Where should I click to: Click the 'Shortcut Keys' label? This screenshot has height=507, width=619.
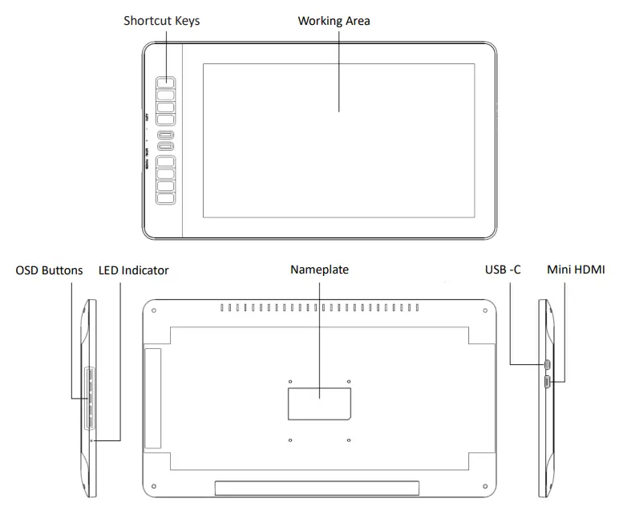click(x=161, y=21)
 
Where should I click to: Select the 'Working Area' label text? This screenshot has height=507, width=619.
click(x=334, y=21)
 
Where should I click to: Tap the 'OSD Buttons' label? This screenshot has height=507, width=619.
click(x=49, y=270)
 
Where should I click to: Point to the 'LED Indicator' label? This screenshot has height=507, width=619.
click(x=133, y=270)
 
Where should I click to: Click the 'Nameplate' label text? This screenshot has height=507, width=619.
click(x=319, y=270)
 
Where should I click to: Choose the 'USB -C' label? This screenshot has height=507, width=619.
click(x=503, y=270)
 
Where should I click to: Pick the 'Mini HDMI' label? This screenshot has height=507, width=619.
click(x=576, y=270)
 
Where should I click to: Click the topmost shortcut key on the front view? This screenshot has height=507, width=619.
click(x=165, y=83)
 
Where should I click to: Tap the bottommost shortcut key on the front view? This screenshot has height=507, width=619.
click(x=165, y=198)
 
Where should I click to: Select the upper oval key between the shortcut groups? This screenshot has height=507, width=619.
click(x=165, y=135)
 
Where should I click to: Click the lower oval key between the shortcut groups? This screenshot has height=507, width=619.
click(x=165, y=146)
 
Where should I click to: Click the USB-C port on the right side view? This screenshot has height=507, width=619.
click(x=547, y=366)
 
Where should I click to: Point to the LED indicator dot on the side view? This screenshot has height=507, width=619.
click(x=91, y=440)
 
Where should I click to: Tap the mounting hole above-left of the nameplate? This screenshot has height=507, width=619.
click(x=289, y=381)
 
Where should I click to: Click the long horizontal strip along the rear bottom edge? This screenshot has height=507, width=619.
click(x=317, y=488)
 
